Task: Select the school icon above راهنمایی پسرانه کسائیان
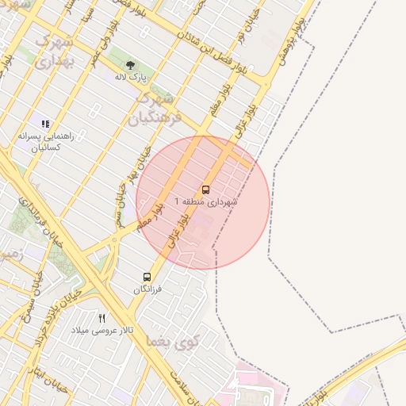click(45, 124)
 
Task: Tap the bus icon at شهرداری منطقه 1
click(206, 190)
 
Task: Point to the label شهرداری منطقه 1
click(205, 202)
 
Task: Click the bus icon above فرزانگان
click(147, 277)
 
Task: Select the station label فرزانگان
click(147, 289)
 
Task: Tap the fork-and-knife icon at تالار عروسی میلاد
click(101, 317)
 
